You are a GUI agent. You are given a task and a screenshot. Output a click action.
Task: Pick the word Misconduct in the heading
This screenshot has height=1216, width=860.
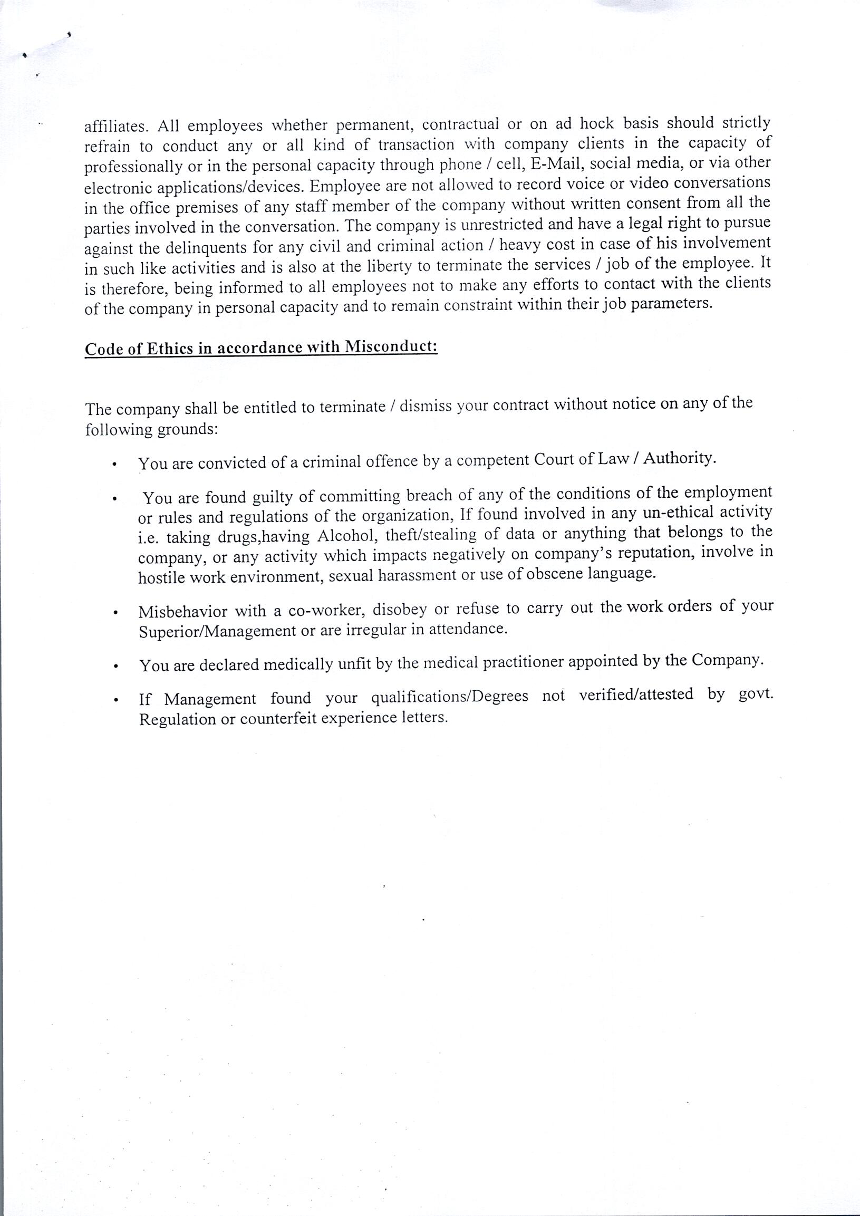coord(391,346)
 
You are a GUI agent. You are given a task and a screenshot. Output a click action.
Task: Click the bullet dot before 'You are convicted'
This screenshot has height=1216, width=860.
coord(114,466)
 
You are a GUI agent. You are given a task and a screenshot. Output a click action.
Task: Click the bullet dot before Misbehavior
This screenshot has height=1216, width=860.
coord(114,614)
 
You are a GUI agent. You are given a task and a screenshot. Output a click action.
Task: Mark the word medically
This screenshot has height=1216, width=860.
coord(298,664)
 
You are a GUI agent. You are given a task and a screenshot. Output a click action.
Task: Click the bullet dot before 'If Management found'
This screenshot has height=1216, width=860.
coord(114,701)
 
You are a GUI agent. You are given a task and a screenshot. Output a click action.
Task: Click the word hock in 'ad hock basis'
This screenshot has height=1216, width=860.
coord(597,123)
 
